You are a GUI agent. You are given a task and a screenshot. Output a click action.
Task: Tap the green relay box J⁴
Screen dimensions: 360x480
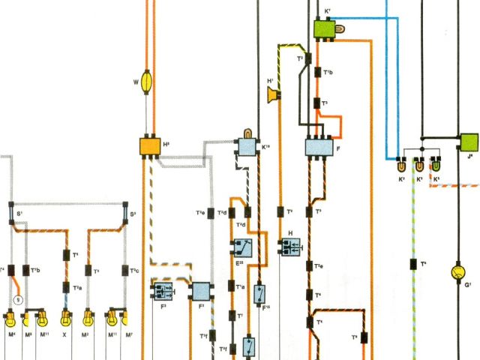pyautogui.click(x=469, y=142)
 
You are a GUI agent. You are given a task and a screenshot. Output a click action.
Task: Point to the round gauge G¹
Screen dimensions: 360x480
pyautogui.click(x=457, y=271)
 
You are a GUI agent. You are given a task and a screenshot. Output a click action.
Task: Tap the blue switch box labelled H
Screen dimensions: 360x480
pyautogui.click(x=290, y=245)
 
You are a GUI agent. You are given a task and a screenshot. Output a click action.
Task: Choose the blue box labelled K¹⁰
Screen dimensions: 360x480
pyautogui.click(x=247, y=146)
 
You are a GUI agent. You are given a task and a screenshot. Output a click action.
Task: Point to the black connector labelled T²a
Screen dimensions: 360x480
pyautogui.click(x=66, y=288)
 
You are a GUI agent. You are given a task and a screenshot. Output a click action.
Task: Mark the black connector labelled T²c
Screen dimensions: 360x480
pyautogui.click(x=123, y=270)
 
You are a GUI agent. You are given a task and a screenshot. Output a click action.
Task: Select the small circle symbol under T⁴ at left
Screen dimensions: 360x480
pyautogui.click(x=19, y=299)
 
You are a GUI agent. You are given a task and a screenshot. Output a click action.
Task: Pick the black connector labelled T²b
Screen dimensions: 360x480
pyautogui.click(x=26, y=270)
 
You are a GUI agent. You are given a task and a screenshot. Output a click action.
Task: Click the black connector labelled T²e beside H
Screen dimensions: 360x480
pyautogui.click(x=307, y=265)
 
